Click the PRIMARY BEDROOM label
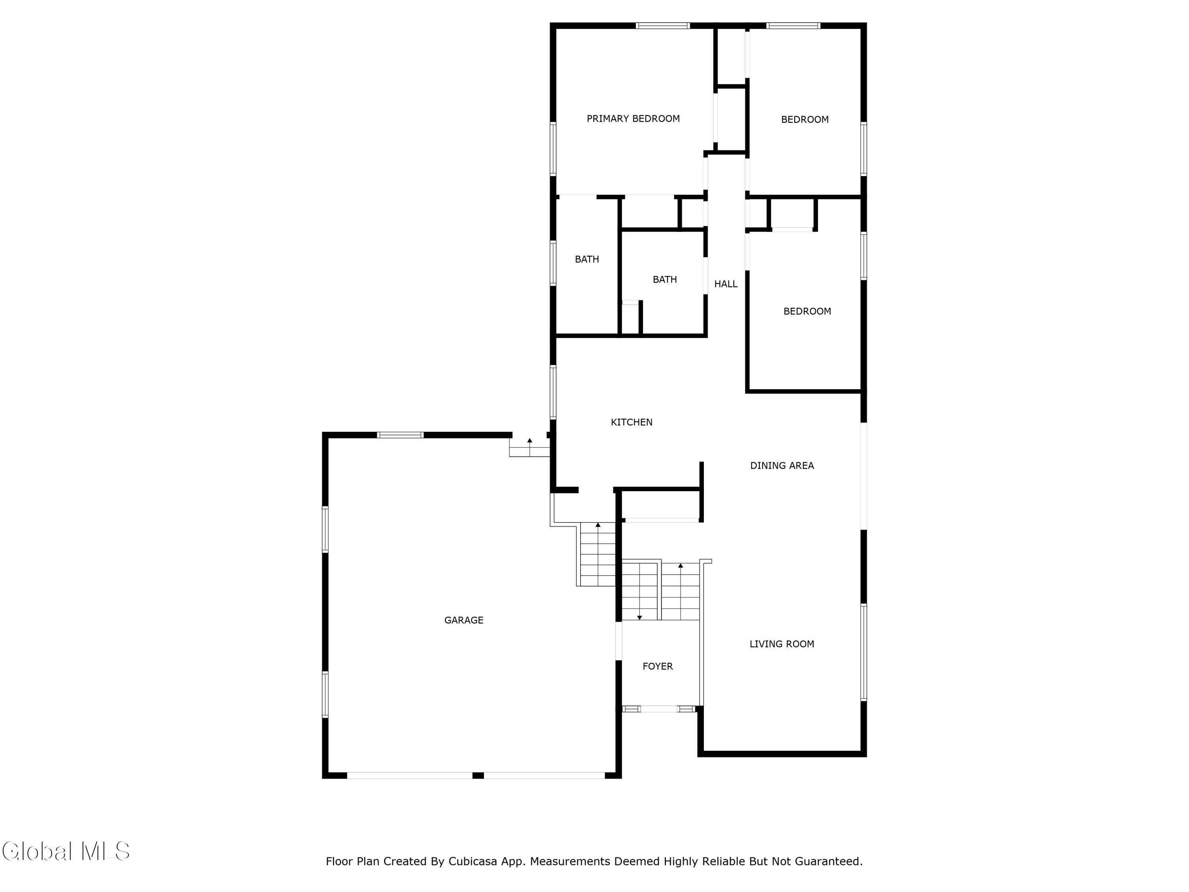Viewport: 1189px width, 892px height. pyautogui.click(x=633, y=119)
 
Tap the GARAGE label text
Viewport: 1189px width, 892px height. pyautogui.click(x=464, y=620)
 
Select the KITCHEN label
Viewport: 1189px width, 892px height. pyautogui.click(x=632, y=422)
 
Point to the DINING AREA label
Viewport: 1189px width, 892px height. pyautogui.click(x=782, y=466)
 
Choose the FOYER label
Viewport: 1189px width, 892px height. pyautogui.click(x=658, y=666)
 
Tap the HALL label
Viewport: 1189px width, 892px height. pyautogui.click(x=726, y=284)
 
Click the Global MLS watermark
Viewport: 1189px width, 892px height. pyautogui.click(x=65, y=852)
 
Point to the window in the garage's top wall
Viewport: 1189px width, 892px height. pyautogui.click(x=400, y=435)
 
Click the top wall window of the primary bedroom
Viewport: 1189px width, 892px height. pyautogui.click(x=663, y=25)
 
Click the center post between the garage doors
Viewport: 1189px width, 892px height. pyautogui.click(x=478, y=775)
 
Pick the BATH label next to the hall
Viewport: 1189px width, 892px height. pyautogui.click(x=665, y=279)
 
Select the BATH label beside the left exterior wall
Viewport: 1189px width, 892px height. pyautogui.click(x=587, y=259)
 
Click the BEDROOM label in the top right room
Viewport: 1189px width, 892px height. pyautogui.click(x=805, y=119)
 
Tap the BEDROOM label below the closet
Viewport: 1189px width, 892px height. pyautogui.click(x=807, y=311)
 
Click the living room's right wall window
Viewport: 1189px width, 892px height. pyautogui.click(x=864, y=652)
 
